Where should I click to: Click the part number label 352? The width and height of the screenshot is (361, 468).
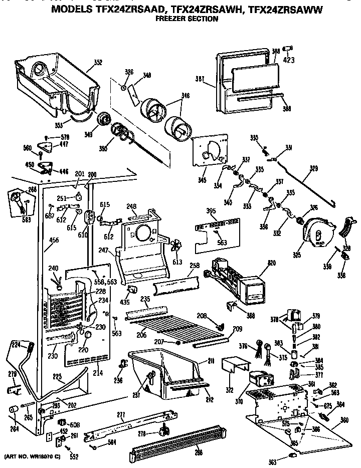click(x=97, y=63)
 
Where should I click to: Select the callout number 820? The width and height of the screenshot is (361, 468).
click(x=272, y=263)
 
